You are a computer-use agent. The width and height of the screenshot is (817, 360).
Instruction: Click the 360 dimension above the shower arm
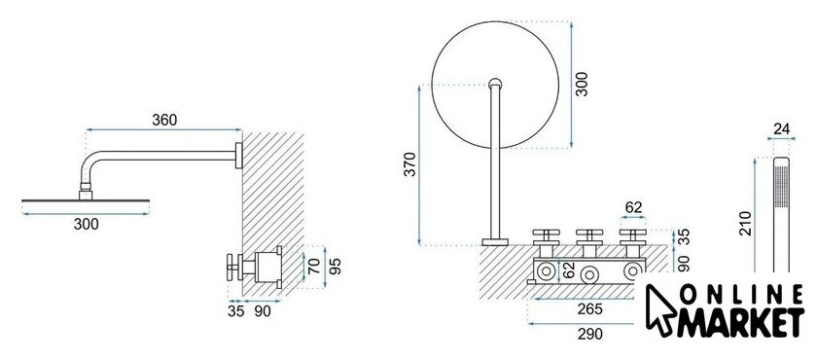164,121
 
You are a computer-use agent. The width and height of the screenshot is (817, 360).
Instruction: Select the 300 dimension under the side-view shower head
86,225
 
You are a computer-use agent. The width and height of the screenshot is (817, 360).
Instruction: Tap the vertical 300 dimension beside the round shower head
582,84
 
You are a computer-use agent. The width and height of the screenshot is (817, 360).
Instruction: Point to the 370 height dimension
410,164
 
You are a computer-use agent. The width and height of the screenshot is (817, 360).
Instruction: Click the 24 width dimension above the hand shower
781,128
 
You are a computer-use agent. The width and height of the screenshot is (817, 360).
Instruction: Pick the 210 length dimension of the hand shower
746,224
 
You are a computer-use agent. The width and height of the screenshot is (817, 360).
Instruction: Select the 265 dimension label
589,309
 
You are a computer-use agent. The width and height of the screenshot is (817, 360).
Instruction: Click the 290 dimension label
589,334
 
